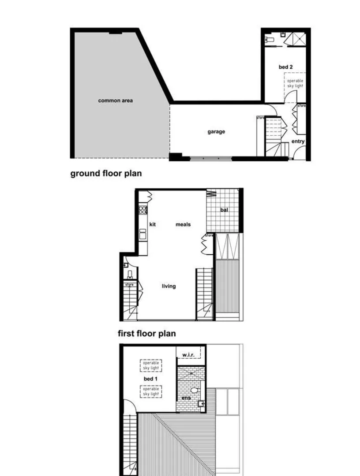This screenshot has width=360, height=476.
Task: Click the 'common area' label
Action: coord(115,100)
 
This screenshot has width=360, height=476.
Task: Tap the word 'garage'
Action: coord(216,131)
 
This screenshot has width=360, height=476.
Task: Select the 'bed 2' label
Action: coord(285,67)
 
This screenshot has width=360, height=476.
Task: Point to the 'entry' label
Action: coord(298,141)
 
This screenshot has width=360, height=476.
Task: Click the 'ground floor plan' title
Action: coord(106,173)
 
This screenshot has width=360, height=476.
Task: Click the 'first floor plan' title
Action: coord(146,333)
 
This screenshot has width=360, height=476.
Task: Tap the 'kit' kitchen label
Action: coord(153,224)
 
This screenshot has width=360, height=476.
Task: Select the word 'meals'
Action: coord(183,224)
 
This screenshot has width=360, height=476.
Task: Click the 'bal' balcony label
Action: coord(224,210)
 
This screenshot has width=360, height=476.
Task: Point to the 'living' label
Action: coord(169,286)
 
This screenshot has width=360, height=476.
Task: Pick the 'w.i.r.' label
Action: coord(189,354)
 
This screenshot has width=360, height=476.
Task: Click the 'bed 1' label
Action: coord(150,379)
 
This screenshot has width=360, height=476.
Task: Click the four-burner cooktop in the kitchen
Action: coord(143,210)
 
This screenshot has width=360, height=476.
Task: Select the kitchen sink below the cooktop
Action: coord(143,234)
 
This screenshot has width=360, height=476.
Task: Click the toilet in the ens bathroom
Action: coord(194,390)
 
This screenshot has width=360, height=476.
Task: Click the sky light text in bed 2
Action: coord(295,83)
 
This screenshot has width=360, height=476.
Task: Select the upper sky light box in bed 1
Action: coord(151,366)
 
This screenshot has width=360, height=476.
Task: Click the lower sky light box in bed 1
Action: coord(151,391)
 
